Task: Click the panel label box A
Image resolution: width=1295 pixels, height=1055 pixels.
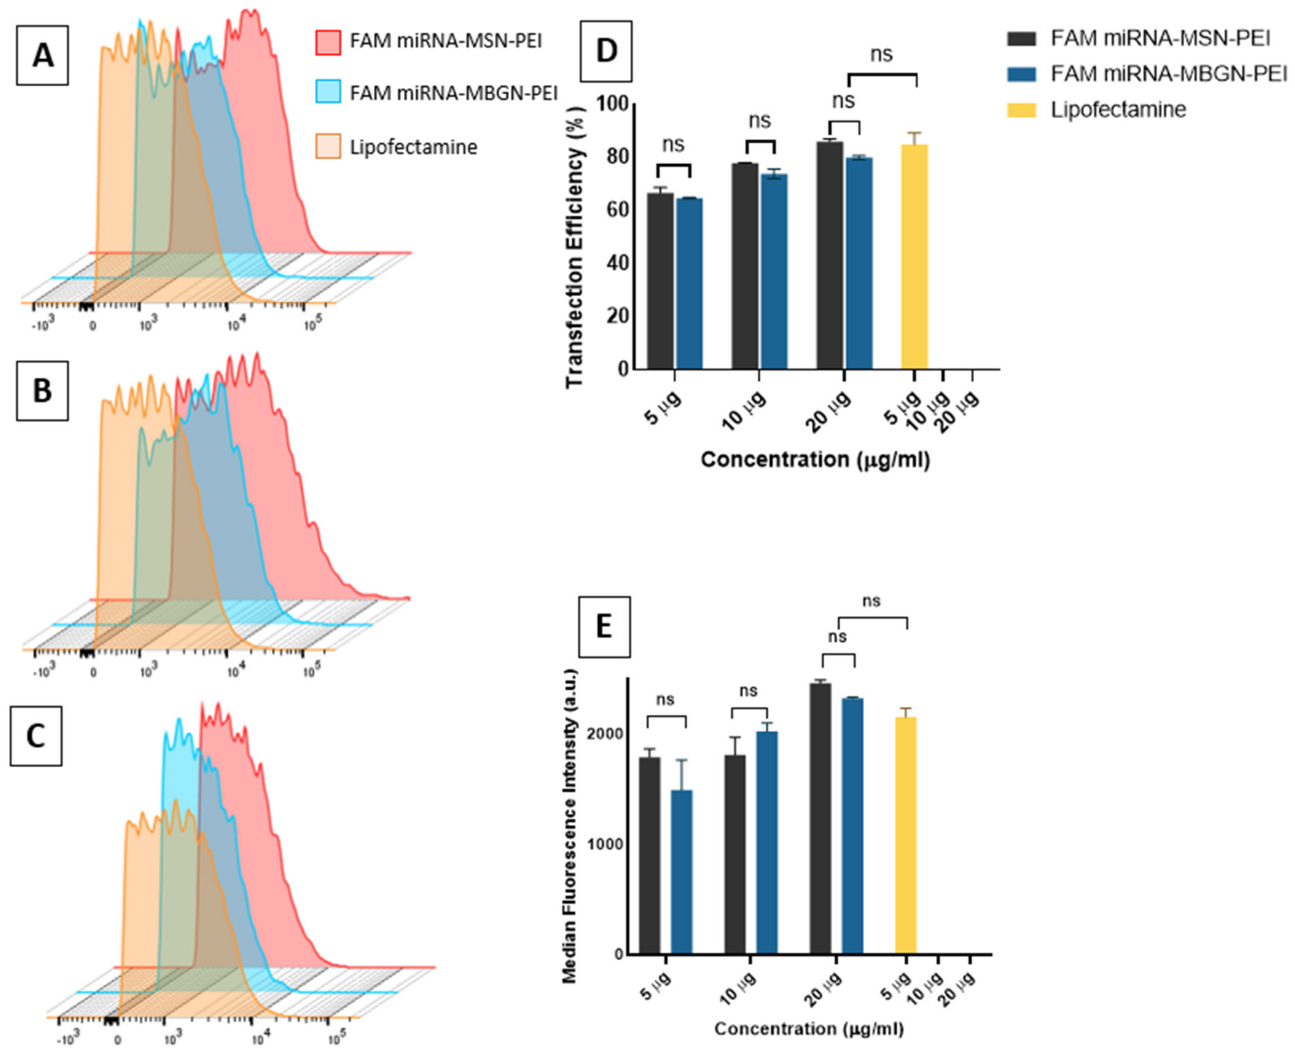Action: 42,55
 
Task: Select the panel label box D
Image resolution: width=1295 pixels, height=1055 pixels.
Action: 606,51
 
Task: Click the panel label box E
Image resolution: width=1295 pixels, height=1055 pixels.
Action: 604,627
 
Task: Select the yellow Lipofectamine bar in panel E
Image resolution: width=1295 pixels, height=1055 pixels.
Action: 905,835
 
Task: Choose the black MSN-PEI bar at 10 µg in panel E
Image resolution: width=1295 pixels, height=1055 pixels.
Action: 735,854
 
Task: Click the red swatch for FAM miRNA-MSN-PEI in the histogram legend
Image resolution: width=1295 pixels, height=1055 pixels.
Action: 328,42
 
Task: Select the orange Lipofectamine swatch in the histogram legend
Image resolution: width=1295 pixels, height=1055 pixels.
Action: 328,146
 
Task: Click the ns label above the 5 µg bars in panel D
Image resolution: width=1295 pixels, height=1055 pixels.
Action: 673,145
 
